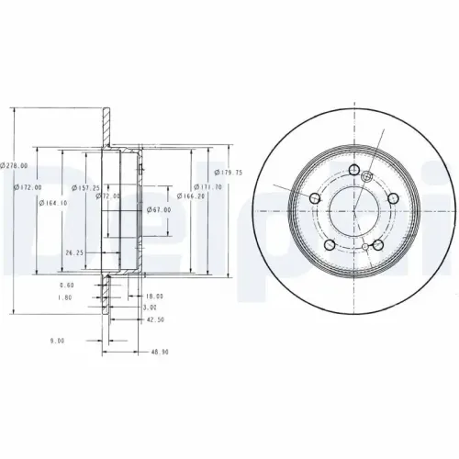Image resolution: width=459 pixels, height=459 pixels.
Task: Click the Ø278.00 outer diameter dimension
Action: [x=15, y=164]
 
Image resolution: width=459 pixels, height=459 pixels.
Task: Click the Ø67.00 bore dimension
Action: [x=160, y=210]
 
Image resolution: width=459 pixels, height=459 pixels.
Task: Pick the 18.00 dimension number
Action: [x=154, y=296]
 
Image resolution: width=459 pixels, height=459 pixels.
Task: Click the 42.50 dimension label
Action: [x=154, y=319]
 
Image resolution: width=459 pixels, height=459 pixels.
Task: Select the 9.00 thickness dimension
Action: [x=57, y=341]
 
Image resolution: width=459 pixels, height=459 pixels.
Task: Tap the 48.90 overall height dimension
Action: [x=161, y=352]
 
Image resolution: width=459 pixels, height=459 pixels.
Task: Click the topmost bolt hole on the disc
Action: [x=355, y=170]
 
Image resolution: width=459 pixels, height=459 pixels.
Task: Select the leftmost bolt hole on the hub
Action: [x=315, y=199]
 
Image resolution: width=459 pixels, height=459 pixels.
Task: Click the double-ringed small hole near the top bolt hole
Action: [x=368, y=177]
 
